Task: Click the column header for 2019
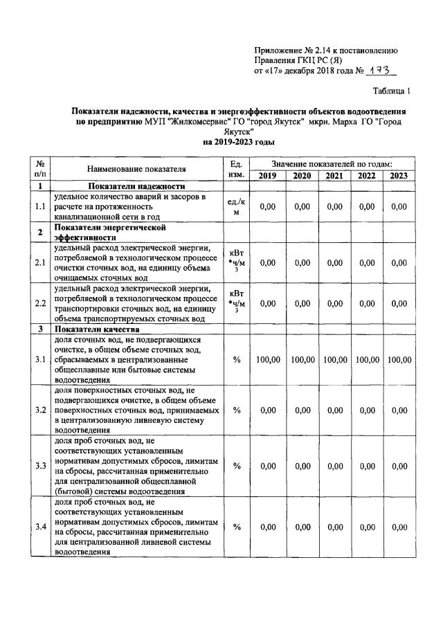pos(267,175)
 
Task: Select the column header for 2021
pos(334,175)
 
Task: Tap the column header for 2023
pos(399,175)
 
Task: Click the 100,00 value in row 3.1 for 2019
pos(267,360)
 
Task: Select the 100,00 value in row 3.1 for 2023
pos(399,360)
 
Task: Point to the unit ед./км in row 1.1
pos(236,206)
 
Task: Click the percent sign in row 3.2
pos(236,410)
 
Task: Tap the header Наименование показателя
pos(136,169)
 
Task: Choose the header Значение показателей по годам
pos(332,163)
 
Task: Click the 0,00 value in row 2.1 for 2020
pos(302,262)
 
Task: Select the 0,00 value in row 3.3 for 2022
pos(366,467)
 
